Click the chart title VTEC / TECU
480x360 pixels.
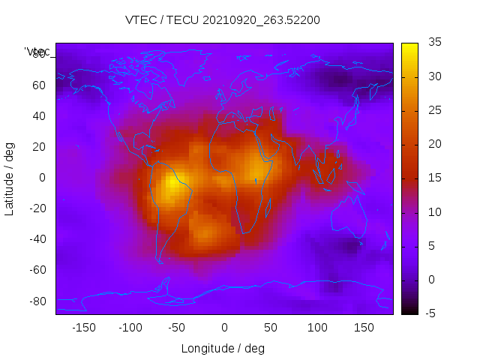pyautogui.click(x=223, y=20)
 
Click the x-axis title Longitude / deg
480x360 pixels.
pyautogui.click(x=223, y=348)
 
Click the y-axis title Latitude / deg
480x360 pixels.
pyautogui.click(x=10, y=177)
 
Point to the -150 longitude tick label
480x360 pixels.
pyautogui.click(x=83, y=328)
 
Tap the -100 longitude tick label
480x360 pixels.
pyautogui.click(x=130, y=328)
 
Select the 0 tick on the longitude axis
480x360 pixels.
pyautogui.click(x=224, y=328)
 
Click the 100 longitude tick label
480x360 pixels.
pyautogui.click(x=317, y=328)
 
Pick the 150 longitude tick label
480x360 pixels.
pyautogui.click(x=364, y=328)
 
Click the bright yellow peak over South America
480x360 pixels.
pyautogui.click(x=177, y=182)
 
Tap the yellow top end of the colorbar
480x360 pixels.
pyautogui.click(x=409, y=47)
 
